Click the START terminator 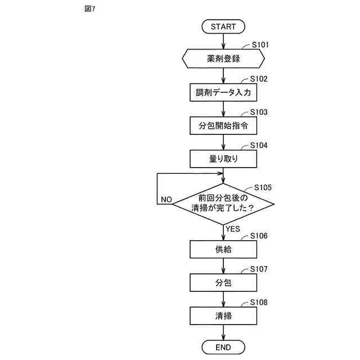click(223, 27)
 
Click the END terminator click(223, 348)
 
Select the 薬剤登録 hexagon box click(223, 58)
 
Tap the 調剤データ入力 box click(223, 92)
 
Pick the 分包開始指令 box click(223, 125)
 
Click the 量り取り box click(223, 159)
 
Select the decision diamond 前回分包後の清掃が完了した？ click(223, 203)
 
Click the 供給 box click(223, 249)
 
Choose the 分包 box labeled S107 click(223, 282)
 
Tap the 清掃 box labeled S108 click(223, 316)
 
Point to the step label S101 click(260, 44)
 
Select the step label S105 click(264, 187)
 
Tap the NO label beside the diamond click(166, 200)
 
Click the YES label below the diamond click(233, 229)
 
